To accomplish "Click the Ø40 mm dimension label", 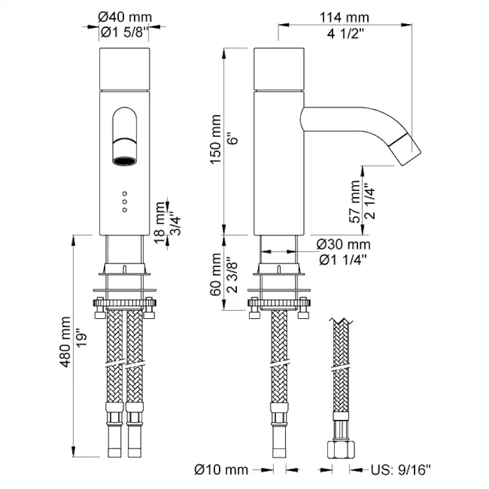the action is tap(125, 17).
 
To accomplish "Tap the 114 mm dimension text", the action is tap(344, 18).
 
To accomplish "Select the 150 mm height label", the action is tap(216, 139).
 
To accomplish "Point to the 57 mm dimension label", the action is tap(354, 201).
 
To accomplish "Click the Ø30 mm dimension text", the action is tap(343, 244).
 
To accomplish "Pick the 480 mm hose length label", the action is tap(65, 342).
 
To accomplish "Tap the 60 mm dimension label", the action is tap(216, 275).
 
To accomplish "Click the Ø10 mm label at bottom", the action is tap(221, 470).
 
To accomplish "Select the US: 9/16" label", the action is tap(401, 469).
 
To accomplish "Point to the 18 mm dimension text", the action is tap(159, 222).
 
